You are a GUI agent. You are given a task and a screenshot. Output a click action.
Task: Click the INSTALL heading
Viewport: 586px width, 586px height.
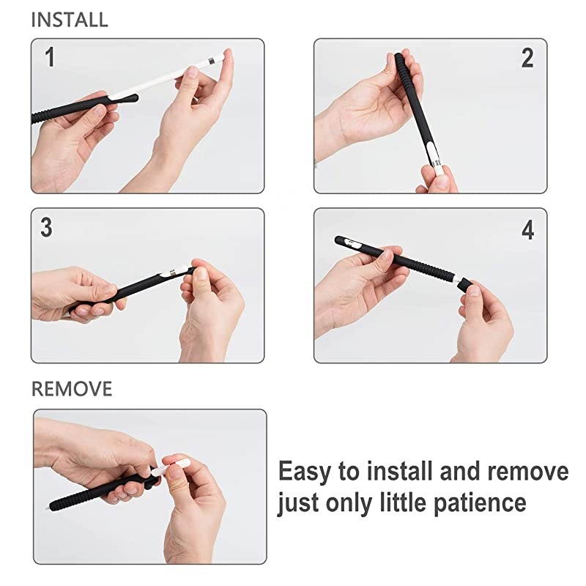point(70,20)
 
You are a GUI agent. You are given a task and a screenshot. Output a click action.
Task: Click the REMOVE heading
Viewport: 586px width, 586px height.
point(72,389)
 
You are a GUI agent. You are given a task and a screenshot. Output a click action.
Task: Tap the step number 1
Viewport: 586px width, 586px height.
point(50,57)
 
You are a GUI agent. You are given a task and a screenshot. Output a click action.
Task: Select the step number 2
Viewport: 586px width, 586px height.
point(527,59)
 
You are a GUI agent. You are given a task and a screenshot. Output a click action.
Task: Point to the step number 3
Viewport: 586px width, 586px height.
point(46,227)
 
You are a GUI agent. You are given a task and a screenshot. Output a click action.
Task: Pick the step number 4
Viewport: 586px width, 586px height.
point(527,230)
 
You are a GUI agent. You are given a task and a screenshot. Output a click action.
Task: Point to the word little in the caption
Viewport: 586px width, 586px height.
point(404,502)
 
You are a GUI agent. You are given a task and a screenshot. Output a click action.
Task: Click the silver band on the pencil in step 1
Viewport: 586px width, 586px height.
point(212,59)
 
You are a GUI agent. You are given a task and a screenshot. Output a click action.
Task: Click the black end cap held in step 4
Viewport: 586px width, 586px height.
point(464,284)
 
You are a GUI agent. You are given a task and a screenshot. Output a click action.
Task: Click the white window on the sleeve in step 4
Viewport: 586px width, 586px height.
point(352,244)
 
